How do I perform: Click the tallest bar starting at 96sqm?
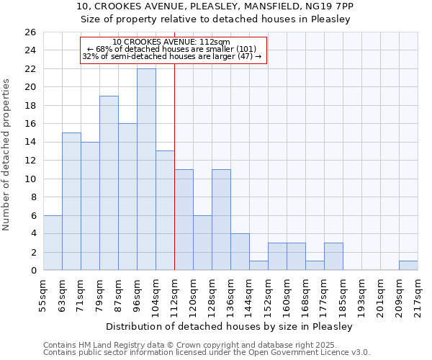pyautogui.click(x=146, y=169)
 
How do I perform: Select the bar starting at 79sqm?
pyautogui.click(x=109, y=183)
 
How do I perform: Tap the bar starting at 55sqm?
pyautogui.click(x=53, y=243)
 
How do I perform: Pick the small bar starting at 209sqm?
pyautogui.click(x=408, y=266)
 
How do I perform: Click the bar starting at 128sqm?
pyautogui.click(x=221, y=220)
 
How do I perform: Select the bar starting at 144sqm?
pyautogui.click(x=258, y=266)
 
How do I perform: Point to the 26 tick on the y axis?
pyautogui.click(x=30, y=32)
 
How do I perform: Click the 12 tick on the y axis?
pyautogui.click(x=30, y=161)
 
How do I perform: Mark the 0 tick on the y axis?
pyautogui.click(x=32, y=271)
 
